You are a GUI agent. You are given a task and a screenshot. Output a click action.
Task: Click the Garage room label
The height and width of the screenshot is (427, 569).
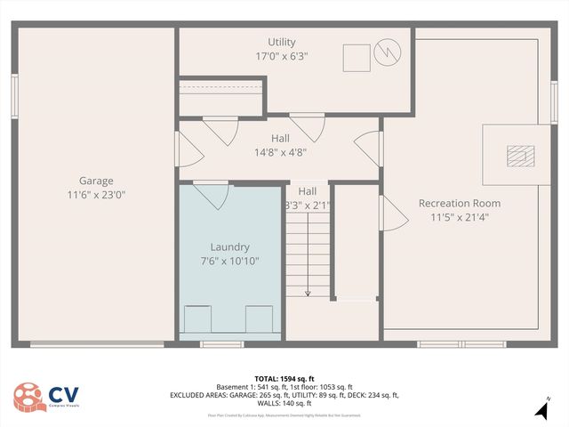(96, 181)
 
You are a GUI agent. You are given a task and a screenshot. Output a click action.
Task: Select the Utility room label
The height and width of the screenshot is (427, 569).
(282, 42)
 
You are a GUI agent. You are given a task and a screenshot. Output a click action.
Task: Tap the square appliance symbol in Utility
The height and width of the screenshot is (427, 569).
(357, 57)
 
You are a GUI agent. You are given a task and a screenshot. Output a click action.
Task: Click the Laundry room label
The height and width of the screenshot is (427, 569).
(229, 246)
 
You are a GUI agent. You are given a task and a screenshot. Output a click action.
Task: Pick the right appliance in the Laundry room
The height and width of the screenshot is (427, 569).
(259, 317)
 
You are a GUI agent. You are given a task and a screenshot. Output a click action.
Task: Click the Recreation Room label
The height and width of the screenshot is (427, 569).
(460, 203)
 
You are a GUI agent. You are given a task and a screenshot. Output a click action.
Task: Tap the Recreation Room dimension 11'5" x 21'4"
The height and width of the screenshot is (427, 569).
(460, 216)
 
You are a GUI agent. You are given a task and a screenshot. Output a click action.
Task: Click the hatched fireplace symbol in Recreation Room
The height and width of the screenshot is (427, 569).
(517, 157)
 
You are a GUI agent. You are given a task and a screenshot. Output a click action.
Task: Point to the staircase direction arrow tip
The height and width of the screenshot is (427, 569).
(308, 294)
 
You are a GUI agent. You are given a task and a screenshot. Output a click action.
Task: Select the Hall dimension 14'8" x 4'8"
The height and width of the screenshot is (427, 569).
(280, 151)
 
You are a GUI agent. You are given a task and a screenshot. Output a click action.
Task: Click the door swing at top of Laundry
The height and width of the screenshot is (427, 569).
(211, 193)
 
